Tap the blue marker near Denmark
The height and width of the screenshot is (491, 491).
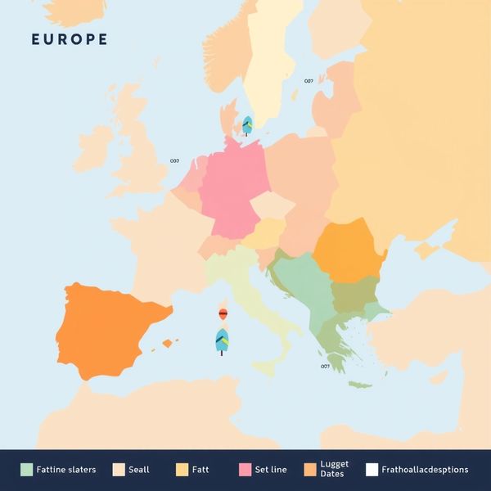point(246,124)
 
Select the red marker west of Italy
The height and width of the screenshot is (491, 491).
point(222,313)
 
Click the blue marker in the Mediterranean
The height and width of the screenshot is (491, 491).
point(221,340)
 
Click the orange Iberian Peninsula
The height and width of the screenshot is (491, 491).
point(106,327)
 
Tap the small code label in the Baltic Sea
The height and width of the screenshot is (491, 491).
point(309,81)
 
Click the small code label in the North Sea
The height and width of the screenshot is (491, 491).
point(174,161)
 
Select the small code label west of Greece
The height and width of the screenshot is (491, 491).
point(325,367)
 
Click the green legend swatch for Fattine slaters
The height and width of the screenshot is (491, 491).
point(27,470)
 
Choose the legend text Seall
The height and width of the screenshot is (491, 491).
point(139,470)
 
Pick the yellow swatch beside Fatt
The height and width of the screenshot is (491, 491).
point(182,470)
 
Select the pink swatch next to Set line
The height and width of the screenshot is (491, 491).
point(244,470)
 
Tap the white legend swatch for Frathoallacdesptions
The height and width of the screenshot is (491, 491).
point(372,470)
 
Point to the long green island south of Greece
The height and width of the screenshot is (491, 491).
point(360,384)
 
